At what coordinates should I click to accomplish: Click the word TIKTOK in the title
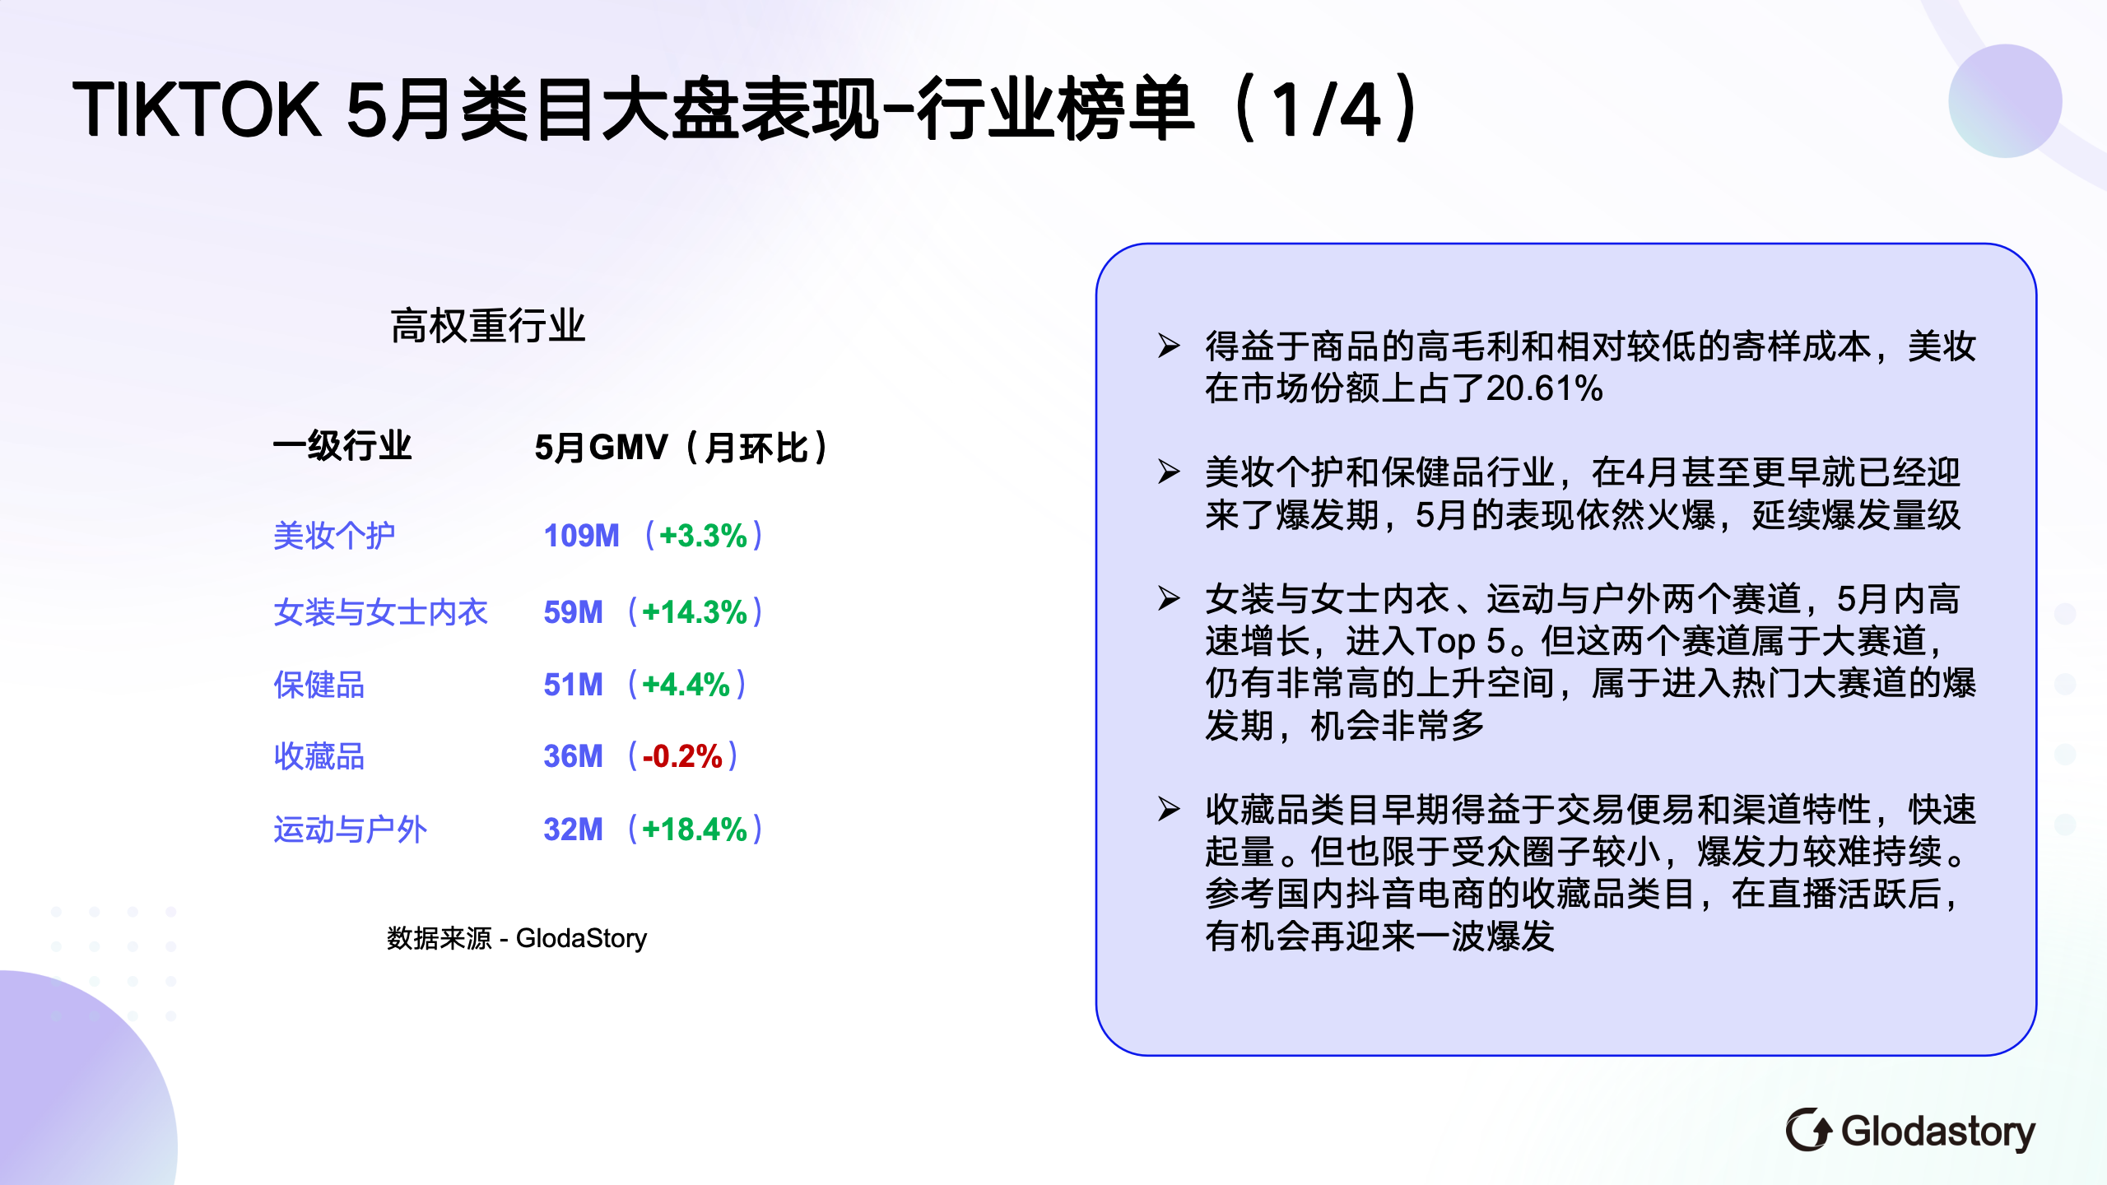[197, 109]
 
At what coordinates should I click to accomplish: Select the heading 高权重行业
[487, 326]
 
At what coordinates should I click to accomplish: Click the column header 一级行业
[342, 447]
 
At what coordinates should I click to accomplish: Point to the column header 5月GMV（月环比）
[681, 448]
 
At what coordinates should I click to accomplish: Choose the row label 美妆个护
[334, 536]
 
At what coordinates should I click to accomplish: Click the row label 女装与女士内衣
[380, 612]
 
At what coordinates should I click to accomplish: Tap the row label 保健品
[319, 685]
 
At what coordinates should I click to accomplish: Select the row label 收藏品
[319, 756]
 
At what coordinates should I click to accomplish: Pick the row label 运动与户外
[350, 829]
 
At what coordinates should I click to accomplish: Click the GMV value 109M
[581, 536]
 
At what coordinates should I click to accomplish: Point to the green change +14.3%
[695, 612]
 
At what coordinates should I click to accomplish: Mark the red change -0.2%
[682, 756]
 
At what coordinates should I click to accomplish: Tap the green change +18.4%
[695, 829]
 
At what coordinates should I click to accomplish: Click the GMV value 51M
[573, 685]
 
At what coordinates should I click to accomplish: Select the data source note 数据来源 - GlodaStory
[517, 938]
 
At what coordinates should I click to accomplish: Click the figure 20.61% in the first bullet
[1545, 388]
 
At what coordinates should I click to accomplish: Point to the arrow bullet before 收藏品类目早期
[1169, 809]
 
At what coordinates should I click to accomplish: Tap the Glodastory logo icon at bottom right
[1808, 1130]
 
